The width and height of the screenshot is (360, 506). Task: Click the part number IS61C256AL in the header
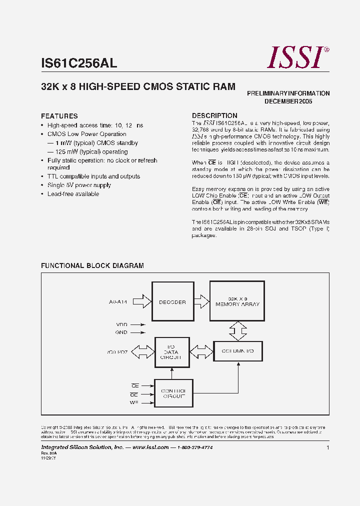click(79, 63)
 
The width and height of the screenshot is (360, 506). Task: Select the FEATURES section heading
click(59, 116)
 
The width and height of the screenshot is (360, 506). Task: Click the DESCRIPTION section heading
click(214, 115)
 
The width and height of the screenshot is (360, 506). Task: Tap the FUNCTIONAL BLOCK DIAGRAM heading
click(92, 266)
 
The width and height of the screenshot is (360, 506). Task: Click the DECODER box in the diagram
click(172, 302)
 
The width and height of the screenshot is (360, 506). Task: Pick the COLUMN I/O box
click(237, 351)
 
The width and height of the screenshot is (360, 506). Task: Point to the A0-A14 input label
click(118, 302)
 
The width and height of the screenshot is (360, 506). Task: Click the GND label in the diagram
click(121, 332)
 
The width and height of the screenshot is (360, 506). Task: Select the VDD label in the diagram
click(121, 324)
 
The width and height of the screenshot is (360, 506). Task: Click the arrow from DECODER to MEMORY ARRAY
click(201, 301)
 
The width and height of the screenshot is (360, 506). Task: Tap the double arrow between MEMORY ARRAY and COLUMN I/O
click(238, 330)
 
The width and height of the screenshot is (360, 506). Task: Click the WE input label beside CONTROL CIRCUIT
click(133, 402)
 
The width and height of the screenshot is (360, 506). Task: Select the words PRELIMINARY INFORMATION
click(288, 93)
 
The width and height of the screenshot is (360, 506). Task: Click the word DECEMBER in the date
click(281, 101)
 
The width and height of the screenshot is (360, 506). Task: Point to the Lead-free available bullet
click(73, 194)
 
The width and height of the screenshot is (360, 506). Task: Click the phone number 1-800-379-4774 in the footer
click(195, 447)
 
